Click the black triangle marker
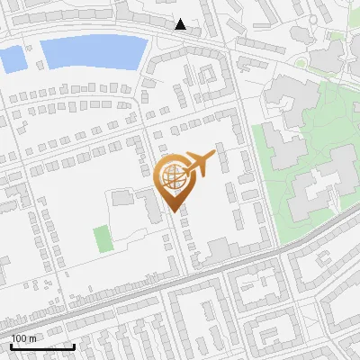coord(181,24)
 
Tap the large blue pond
coord(94,53)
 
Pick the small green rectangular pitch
coord(103,239)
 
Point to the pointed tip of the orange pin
coord(174,211)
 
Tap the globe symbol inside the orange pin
coord(173,176)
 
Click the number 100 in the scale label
coord(19,337)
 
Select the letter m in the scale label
coord(32,337)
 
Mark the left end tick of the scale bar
coord(11,346)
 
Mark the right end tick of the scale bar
coord(75,346)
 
